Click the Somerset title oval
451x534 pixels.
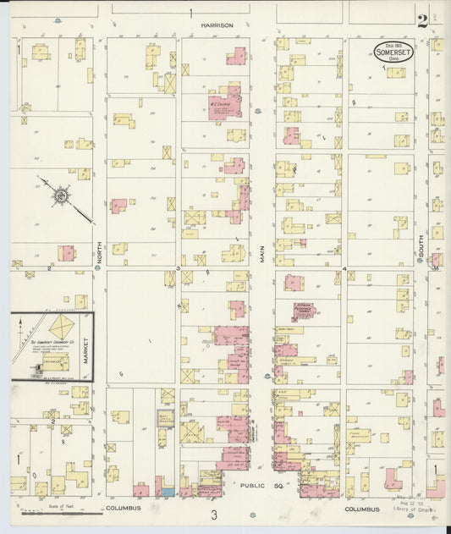[x=393, y=52]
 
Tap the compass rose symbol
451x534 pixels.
[x=62, y=196]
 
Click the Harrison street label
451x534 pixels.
[x=217, y=25]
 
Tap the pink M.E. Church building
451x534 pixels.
[x=226, y=102]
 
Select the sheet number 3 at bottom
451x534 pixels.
[x=215, y=515]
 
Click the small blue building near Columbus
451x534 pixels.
[x=168, y=492]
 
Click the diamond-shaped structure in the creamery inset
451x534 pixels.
[x=62, y=327]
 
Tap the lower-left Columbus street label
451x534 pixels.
[x=123, y=509]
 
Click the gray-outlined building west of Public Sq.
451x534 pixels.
[x=166, y=418]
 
